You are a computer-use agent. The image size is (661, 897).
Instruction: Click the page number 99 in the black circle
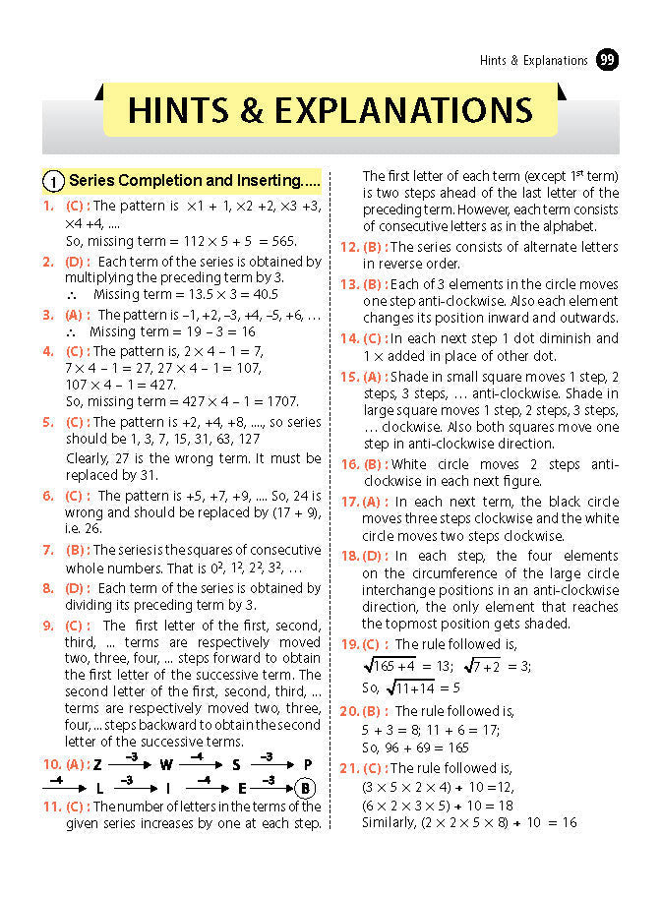click(608, 60)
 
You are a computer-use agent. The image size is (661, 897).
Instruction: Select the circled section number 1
click(52, 181)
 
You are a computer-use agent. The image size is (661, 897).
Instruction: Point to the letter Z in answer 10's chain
click(97, 764)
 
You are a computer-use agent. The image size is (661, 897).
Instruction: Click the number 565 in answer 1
click(280, 241)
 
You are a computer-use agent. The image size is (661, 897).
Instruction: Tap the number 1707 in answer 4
click(278, 401)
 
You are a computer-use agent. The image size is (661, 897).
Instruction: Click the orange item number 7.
click(46, 550)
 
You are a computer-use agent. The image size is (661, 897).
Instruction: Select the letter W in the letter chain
click(166, 764)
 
